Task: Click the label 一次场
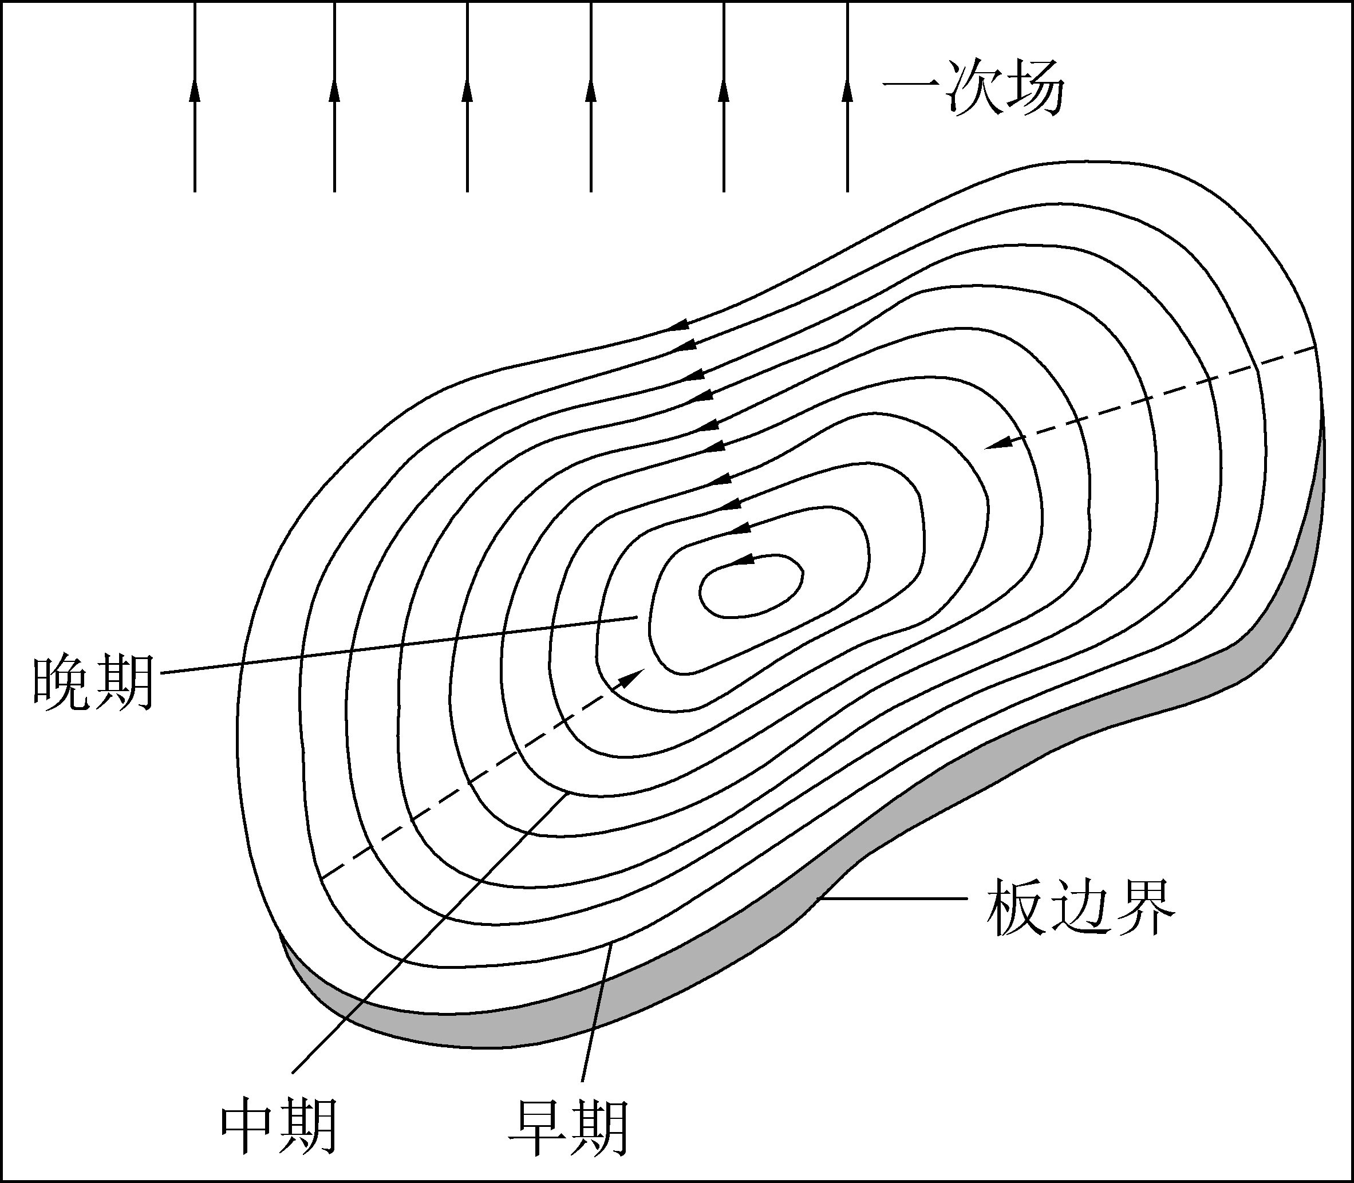(973, 89)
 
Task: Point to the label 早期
(568, 1126)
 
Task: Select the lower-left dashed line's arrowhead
(634, 677)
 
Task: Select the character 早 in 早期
(538, 1126)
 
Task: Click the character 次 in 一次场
(973, 89)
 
